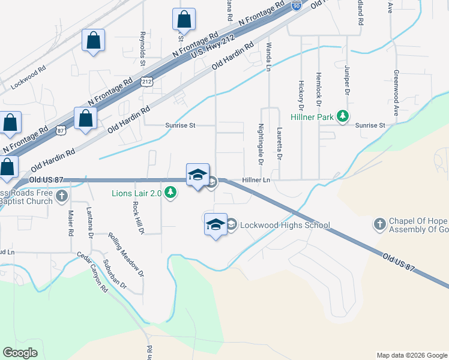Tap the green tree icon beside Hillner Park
tap(342, 116)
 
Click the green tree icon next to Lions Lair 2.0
tap(171, 193)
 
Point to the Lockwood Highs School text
tap(285, 226)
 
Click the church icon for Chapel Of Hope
tap(379, 224)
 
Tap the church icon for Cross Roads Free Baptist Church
tap(61, 196)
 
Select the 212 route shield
tap(147, 80)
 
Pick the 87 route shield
tap(60, 129)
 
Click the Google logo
tap(20, 352)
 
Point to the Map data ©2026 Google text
tap(411, 355)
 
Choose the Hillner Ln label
tap(256, 180)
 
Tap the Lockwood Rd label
tap(28, 77)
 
